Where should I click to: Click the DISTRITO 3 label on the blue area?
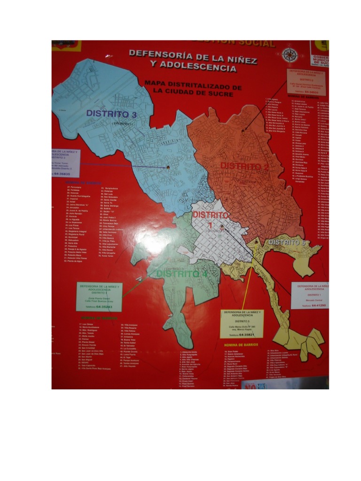click(111, 114)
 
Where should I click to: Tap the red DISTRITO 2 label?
click(244, 166)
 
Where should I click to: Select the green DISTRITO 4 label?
click(181, 274)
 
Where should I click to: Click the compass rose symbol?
click(290, 55)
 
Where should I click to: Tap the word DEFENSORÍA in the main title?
click(156, 53)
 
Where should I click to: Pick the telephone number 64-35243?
click(104, 307)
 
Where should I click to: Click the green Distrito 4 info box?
click(99, 296)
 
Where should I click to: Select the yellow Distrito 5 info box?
click(242, 324)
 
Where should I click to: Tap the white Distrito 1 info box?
click(309, 295)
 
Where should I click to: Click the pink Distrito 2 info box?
click(306, 82)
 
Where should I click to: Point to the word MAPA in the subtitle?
click(156, 83)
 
